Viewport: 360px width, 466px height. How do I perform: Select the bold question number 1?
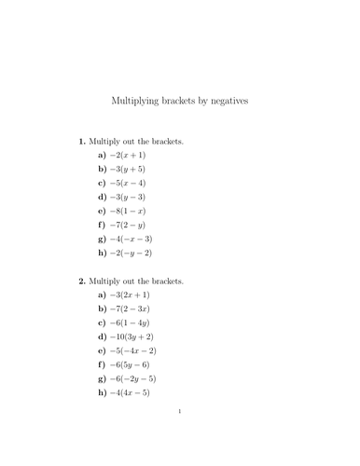click(x=81, y=142)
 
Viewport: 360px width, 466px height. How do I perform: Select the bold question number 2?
click(x=81, y=281)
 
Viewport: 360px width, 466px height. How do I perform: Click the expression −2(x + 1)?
click(x=128, y=156)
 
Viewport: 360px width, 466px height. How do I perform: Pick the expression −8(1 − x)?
click(x=128, y=212)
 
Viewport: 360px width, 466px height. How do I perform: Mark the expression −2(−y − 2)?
click(x=132, y=253)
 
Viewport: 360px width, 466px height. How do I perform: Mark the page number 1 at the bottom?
click(x=180, y=436)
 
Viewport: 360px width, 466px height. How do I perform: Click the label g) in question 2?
click(x=103, y=378)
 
